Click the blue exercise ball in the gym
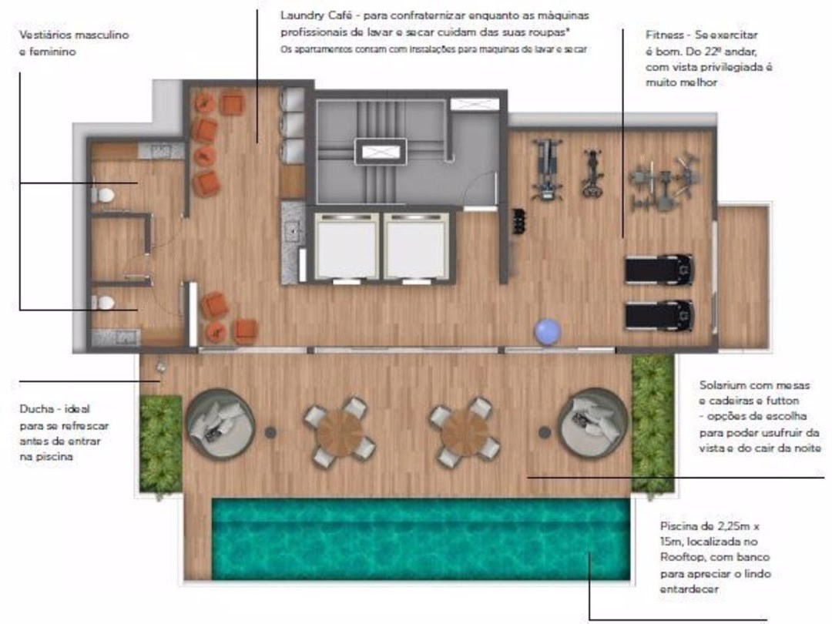tap(549, 331)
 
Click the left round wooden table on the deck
tap(340, 432)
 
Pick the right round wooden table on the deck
tap(465, 432)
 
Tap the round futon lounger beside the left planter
tap(220, 423)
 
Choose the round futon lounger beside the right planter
tap(594, 422)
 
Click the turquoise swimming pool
tap(421, 539)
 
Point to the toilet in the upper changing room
tap(104, 195)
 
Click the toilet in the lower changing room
tap(104, 303)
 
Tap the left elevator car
tap(347, 247)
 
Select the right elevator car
tap(416, 247)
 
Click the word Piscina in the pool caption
tap(679, 526)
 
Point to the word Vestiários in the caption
tap(45, 35)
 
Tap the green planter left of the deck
tap(161, 445)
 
